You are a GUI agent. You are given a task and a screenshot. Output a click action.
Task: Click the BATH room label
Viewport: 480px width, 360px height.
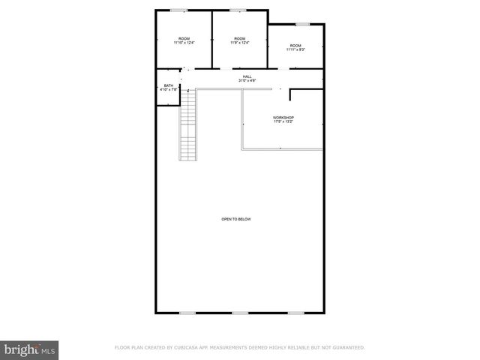tap(169, 85)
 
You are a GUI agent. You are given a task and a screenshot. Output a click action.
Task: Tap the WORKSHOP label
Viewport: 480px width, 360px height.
tap(283, 118)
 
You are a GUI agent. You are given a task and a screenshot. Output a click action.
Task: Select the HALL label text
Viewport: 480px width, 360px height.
tap(247, 76)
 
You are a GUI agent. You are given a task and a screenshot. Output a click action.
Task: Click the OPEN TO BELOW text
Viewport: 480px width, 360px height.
tap(235, 219)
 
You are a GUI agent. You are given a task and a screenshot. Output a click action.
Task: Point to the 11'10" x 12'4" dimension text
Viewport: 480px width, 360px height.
tap(184, 43)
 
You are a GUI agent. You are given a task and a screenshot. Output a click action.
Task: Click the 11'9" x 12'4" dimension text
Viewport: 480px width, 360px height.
tap(239, 43)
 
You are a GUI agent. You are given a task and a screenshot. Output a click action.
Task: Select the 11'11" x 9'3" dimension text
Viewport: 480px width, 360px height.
tap(295, 49)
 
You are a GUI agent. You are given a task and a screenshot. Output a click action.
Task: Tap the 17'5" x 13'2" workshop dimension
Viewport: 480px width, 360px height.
tap(283, 122)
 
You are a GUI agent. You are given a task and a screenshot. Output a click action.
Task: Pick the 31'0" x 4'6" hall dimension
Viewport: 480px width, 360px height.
tap(247, 80)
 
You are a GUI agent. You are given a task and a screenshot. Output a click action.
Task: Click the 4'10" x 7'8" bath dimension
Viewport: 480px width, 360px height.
tap(169, 90)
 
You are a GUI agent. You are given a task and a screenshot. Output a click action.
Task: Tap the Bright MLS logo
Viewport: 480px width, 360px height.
tap(30, 349)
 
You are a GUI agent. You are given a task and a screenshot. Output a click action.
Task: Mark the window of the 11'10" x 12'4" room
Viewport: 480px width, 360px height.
tap(178, 10)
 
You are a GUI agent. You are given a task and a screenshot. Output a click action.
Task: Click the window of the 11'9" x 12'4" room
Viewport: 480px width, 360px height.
tap(238, 10)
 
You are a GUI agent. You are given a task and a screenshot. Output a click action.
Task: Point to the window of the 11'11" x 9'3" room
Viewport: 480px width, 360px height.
tap(301, 24)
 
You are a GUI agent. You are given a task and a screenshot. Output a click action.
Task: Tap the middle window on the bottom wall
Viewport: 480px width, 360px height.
tap(239, 312)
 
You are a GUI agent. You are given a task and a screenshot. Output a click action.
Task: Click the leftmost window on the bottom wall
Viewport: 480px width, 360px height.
tap(187, 312)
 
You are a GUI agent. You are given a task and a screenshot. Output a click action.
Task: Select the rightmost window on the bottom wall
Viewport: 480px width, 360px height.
tap(296, 312)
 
